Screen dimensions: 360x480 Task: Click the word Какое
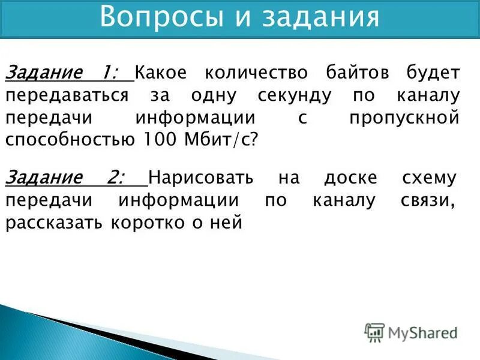point(161,73)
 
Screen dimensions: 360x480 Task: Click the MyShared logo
point(411,332)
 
